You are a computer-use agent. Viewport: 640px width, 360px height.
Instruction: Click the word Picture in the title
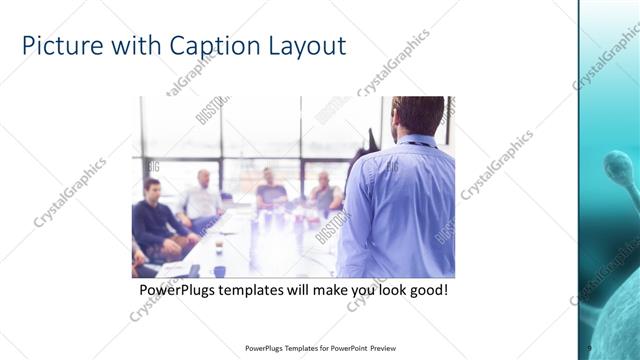point(61,46)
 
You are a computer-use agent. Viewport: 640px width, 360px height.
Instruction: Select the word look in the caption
point(382,290)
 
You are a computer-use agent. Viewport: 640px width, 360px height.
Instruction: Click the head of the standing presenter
point(417,116)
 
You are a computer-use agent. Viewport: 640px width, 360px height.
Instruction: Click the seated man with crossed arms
point(324,192)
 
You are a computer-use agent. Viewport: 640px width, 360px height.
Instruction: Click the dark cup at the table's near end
point(219,246)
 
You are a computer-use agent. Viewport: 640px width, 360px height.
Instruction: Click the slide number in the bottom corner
point(589,348)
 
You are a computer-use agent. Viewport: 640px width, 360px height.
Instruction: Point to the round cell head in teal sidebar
point(619,166)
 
